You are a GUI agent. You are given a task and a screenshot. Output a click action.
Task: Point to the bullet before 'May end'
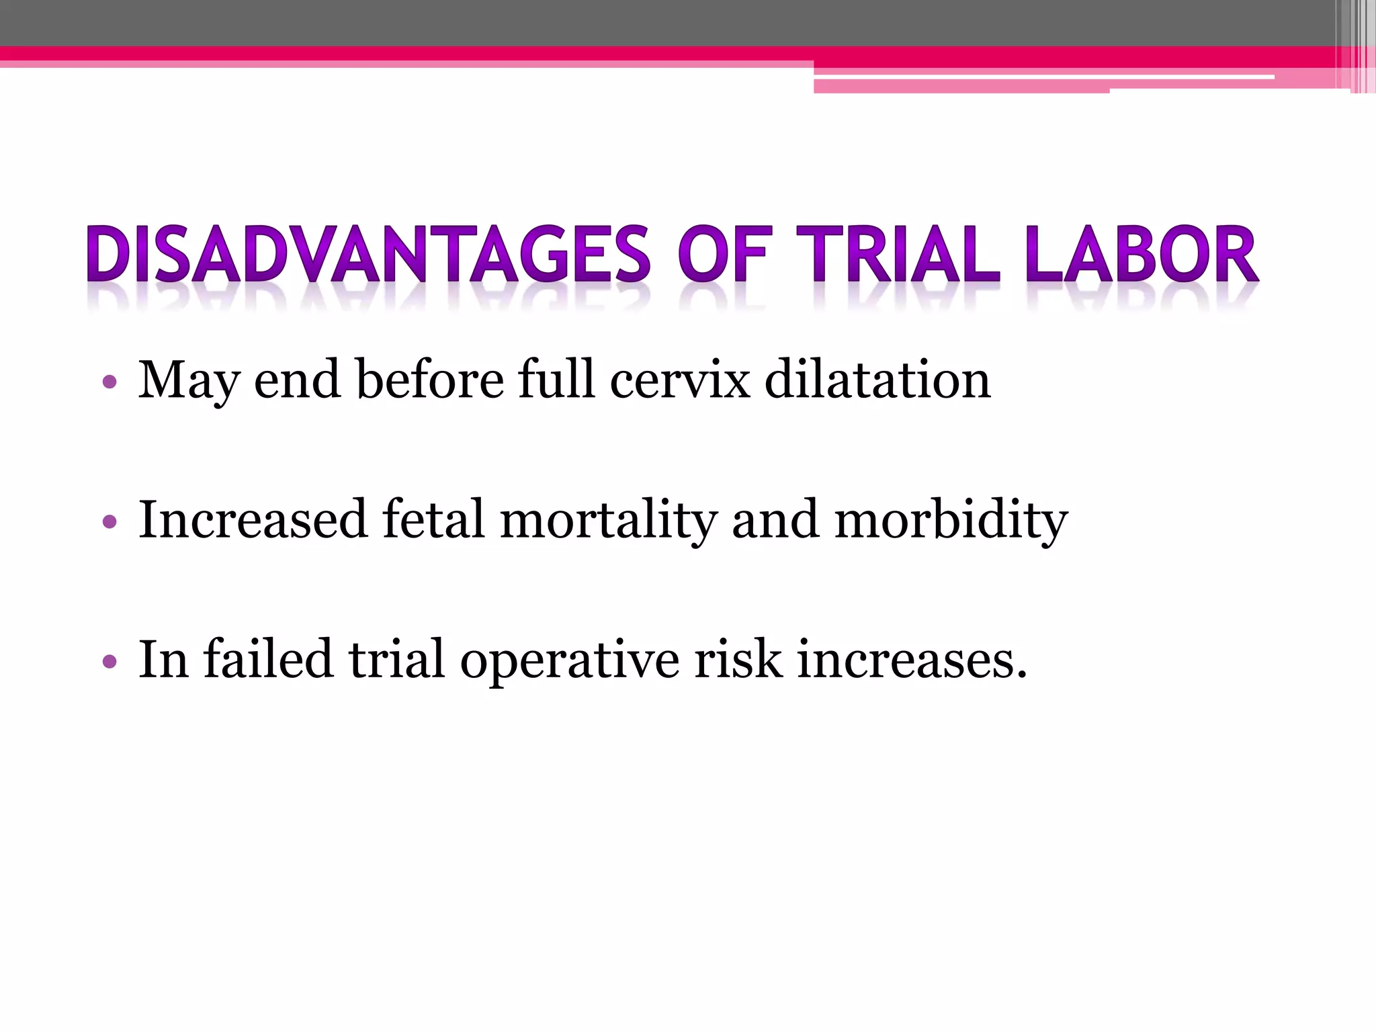(110, 383)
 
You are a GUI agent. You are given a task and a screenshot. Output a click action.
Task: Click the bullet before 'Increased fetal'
(110, 522)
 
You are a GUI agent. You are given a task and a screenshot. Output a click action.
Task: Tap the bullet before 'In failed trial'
(110, 662)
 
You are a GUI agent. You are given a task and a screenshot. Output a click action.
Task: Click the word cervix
(680, 380)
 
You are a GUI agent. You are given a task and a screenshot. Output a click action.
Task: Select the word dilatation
(877, 380)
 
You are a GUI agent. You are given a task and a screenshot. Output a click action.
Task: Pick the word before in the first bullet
(429, 380)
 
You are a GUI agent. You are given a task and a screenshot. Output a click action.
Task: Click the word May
(189, 380)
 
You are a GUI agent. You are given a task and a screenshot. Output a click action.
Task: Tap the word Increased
(253, 520)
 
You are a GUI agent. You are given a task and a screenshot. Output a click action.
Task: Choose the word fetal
(433, 520)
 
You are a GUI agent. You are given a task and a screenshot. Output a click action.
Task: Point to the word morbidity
(951, 520)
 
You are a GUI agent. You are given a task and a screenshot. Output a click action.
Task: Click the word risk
(738, 660)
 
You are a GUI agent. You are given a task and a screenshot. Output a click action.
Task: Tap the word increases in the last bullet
(912, 660)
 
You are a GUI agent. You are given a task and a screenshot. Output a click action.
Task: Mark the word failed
(268, 660)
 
